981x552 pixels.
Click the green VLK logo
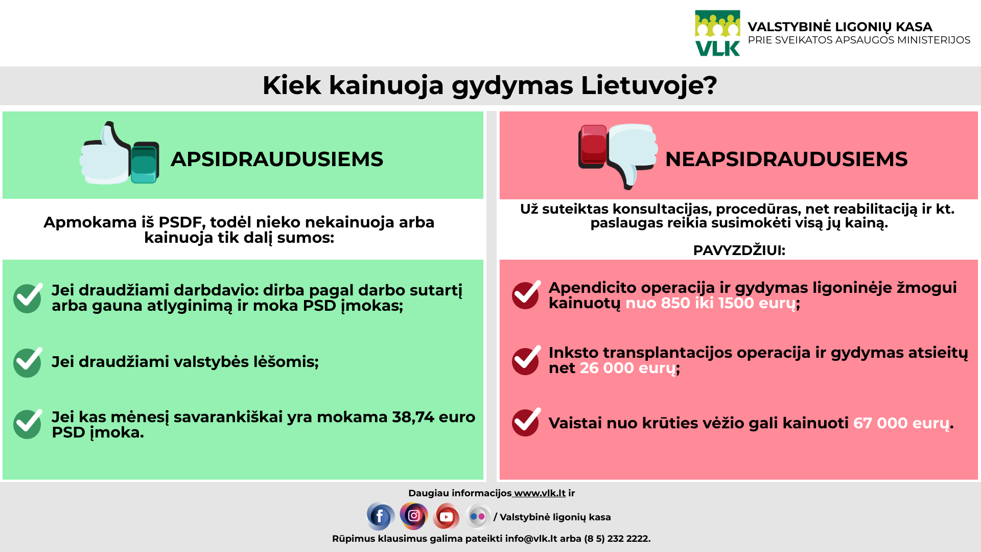tap(717, 33)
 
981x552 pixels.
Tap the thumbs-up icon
tap(119, 153)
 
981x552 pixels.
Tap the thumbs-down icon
tap(618, 156)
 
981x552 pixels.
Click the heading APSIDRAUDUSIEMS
tap(277, 159)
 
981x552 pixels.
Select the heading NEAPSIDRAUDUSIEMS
tap(786, 159)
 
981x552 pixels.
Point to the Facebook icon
tap(380, 516)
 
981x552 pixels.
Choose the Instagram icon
tap(414, 516)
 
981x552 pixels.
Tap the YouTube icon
tap(446, 516)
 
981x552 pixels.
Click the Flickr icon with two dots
tap(478, 516)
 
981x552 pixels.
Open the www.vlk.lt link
tap(540, 493)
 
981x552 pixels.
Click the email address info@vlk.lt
tap(531, 539)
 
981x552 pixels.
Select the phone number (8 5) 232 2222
tap(617, 539)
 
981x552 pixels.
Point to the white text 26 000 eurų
tap(627, 368)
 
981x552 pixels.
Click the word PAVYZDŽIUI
tap(739, 250)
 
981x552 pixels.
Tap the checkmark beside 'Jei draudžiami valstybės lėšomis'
tap(28, 362)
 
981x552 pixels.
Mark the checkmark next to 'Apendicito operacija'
tap(526, 295)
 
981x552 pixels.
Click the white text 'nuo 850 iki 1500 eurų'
tap(711, 303)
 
